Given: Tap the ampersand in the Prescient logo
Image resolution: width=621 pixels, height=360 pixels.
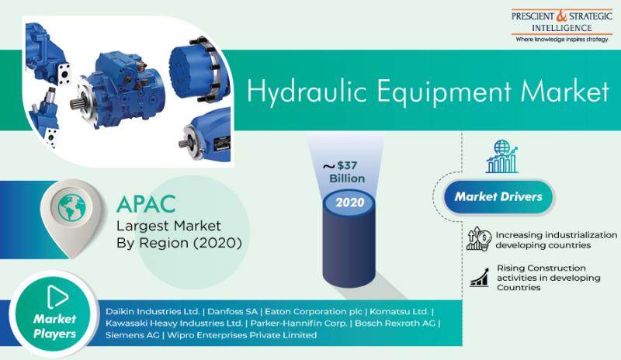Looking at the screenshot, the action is point(561,16).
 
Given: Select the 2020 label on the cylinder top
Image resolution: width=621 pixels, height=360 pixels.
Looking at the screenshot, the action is point(350,202).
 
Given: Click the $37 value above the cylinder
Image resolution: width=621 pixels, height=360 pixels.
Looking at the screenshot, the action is point(347,165).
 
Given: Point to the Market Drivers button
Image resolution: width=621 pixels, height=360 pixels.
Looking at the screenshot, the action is point(498,197).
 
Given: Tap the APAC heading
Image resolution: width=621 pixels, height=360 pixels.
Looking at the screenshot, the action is point(146,204).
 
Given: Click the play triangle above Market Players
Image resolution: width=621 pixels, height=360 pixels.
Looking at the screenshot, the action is point(57,296).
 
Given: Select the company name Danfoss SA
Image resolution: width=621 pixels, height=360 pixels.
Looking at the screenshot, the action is point(232,311).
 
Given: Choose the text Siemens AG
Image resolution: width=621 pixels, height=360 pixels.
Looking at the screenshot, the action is point(132,335).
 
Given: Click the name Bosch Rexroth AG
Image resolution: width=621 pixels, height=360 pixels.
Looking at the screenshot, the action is point(395,324).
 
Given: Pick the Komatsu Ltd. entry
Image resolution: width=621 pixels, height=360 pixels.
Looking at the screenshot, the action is point(399,311).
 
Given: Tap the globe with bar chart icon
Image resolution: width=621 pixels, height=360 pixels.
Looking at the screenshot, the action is point(501,157).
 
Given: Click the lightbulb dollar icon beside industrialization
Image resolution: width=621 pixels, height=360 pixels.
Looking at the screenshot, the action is point(479,239).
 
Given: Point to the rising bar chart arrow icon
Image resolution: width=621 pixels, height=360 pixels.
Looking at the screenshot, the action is point(479,277).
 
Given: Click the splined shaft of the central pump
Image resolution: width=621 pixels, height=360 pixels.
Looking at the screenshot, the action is point(77,104).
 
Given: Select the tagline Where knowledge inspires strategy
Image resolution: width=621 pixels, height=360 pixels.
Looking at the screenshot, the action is point(561,40).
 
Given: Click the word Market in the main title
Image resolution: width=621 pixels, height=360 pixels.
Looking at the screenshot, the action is point(565,92).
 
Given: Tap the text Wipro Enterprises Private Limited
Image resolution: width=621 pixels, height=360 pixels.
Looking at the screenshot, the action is point(242,335).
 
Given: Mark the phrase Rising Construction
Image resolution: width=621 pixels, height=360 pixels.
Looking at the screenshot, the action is point(541,268).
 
